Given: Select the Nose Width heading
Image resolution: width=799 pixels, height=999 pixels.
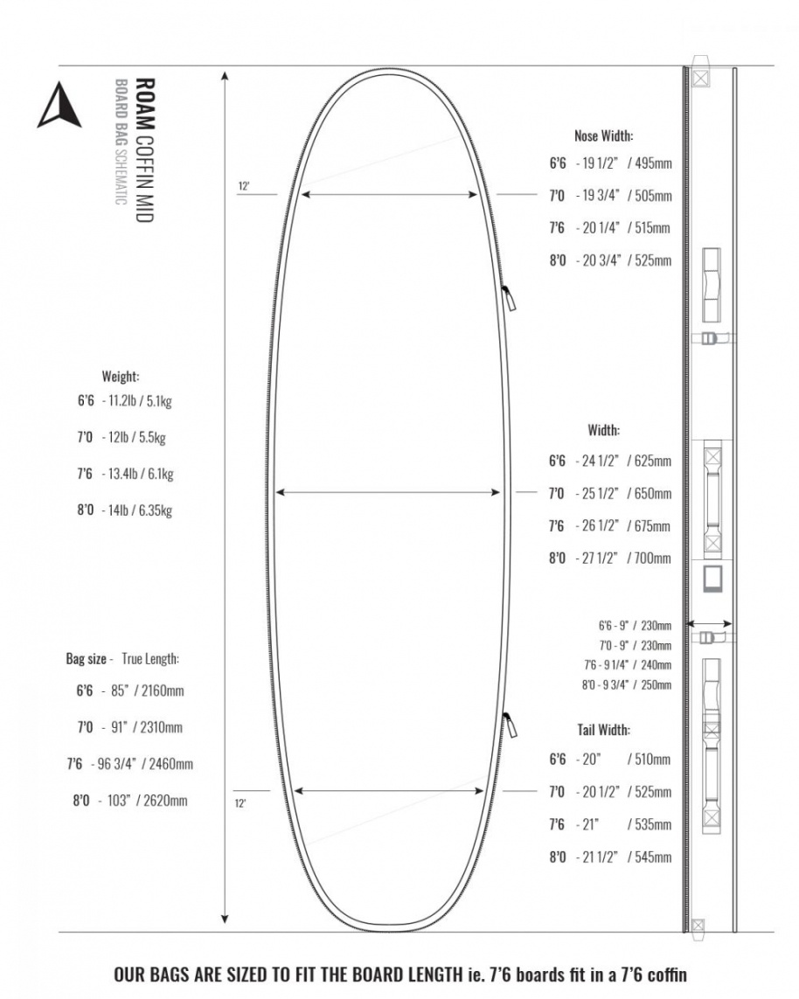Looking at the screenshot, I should coord(603,135).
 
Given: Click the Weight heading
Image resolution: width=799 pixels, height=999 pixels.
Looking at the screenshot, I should coord(121,377).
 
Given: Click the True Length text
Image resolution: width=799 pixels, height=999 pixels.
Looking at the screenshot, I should coord(156,659).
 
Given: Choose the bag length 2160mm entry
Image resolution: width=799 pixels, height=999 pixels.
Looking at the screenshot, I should coord(161,690).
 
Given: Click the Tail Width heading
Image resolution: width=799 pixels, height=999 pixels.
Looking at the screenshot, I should coord(603,730).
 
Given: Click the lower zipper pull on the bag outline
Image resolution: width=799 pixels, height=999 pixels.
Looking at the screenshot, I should coord(509,725).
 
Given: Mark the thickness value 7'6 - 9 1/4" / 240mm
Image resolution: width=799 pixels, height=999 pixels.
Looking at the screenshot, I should coord(628,665).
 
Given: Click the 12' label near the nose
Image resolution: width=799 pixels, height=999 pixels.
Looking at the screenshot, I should coord(244,186).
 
